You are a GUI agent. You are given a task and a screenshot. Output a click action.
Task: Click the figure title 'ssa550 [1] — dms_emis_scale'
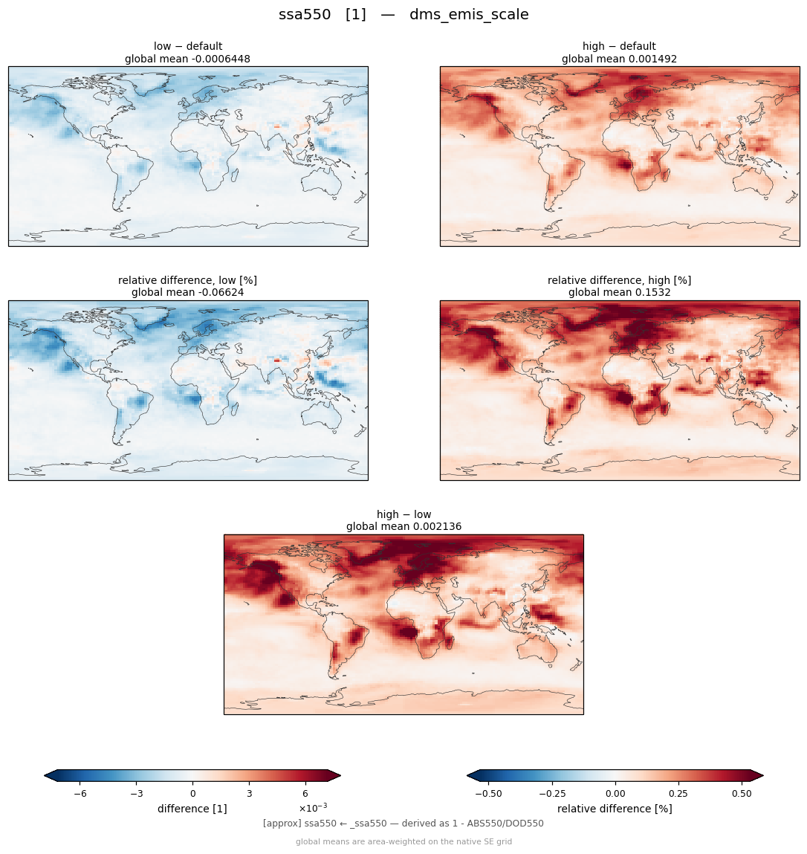(x=403, y=14)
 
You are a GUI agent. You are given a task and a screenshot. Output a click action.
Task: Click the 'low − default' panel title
(x=188, y=46)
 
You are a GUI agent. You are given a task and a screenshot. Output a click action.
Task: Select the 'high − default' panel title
(x=619, y=46)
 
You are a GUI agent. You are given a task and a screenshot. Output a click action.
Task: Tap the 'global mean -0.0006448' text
(x=187, y=59)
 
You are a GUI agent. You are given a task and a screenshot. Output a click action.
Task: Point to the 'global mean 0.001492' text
(x=619, y=59)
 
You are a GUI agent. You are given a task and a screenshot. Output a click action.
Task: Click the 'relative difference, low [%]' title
(x=187, y=280)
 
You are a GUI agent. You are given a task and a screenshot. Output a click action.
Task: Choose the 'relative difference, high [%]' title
(x=619, y=280)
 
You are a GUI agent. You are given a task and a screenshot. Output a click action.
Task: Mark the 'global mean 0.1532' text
(x=619, y=293)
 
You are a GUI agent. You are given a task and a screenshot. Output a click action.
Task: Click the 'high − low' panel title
(x=403, y=514)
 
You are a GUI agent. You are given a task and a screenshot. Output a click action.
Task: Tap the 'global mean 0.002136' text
(x=403, y=527)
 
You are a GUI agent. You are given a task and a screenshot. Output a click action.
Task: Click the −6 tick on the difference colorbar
(x=80, y=794)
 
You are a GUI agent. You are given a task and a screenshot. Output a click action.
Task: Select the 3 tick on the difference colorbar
(x=250, y=794)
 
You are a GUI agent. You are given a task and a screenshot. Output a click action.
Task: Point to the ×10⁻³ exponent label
(x=313, y=806)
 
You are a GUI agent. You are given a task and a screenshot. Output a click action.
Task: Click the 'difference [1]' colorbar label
(x=192, y=809)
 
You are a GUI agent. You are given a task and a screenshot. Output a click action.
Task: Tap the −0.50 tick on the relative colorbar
(x=488, y=794)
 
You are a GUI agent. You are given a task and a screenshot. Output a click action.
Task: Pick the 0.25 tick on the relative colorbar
(x=678, y=794)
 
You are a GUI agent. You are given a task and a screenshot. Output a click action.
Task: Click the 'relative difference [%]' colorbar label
(x=615, y=809)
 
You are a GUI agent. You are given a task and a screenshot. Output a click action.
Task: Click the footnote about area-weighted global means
(x=403, y=841)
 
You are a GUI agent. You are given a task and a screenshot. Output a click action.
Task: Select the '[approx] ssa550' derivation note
(x=403, y=824)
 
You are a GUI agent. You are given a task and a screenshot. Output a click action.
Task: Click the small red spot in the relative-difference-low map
(x=276, y=360)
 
